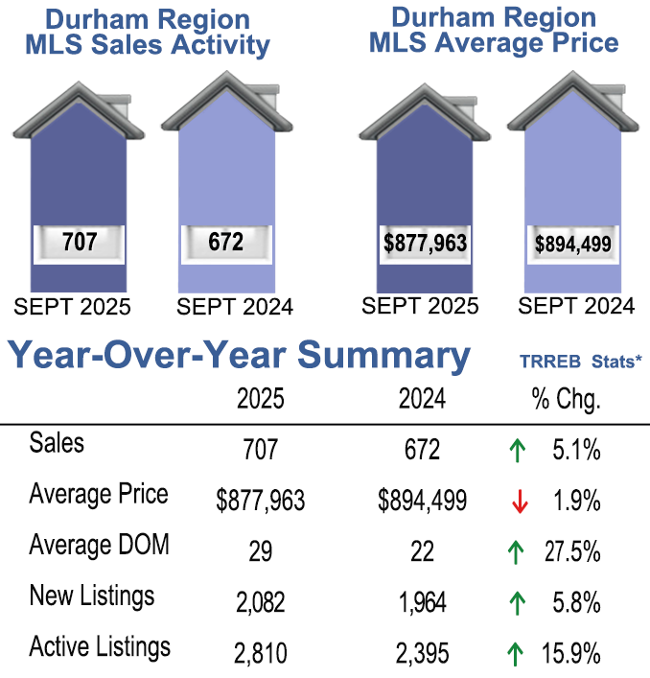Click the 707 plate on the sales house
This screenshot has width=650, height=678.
click(79, 242)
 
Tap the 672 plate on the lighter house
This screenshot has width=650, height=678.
click(226, 242)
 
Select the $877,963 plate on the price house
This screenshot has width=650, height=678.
click(425, 243)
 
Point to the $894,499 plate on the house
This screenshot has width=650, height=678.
click(573, 244)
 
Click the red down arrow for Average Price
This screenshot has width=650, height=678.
click(517, 500)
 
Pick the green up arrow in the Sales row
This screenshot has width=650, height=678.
click(517, 449)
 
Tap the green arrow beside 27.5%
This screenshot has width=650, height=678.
click(517, 551)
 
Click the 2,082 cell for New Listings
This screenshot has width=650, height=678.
click(260, 603)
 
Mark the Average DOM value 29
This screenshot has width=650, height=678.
click(260, 551)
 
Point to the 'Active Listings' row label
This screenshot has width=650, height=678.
click(100, 647)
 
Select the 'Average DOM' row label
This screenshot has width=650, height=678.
click(99, 545)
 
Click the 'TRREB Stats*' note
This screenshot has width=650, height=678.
click(580, 362)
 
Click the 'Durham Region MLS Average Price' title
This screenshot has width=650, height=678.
click(494, 30)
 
